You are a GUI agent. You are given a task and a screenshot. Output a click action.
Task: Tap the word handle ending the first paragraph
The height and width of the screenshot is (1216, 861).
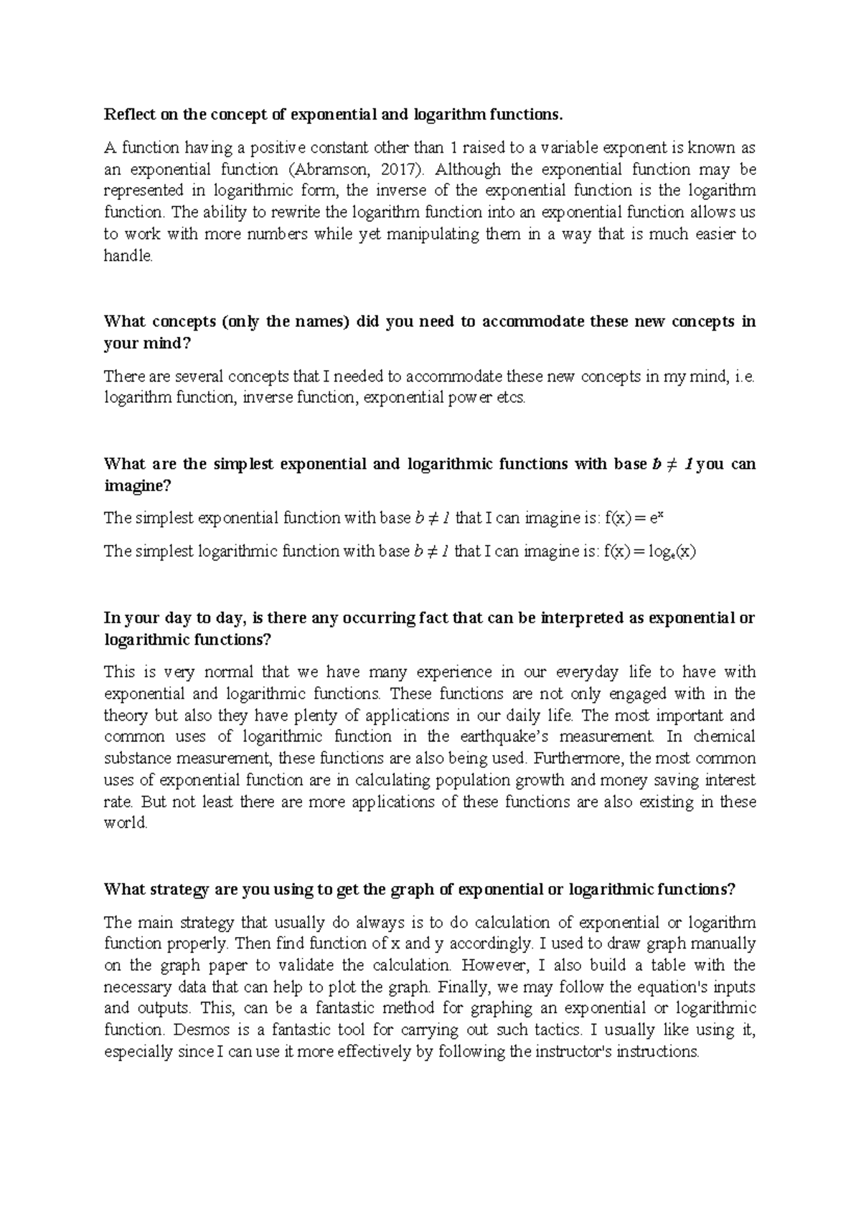128,256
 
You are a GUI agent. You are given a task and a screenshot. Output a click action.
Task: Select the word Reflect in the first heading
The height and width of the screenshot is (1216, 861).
126,114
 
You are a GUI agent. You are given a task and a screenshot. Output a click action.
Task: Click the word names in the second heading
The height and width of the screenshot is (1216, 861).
319,321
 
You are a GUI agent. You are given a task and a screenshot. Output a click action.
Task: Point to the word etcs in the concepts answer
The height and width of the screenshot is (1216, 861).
510,398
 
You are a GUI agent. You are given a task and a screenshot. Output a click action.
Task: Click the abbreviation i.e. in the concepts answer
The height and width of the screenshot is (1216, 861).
745,376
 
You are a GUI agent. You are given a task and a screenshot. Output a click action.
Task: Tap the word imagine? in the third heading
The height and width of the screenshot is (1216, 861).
138,485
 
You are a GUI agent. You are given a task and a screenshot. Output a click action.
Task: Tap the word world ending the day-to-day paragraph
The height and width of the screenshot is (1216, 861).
126,823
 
